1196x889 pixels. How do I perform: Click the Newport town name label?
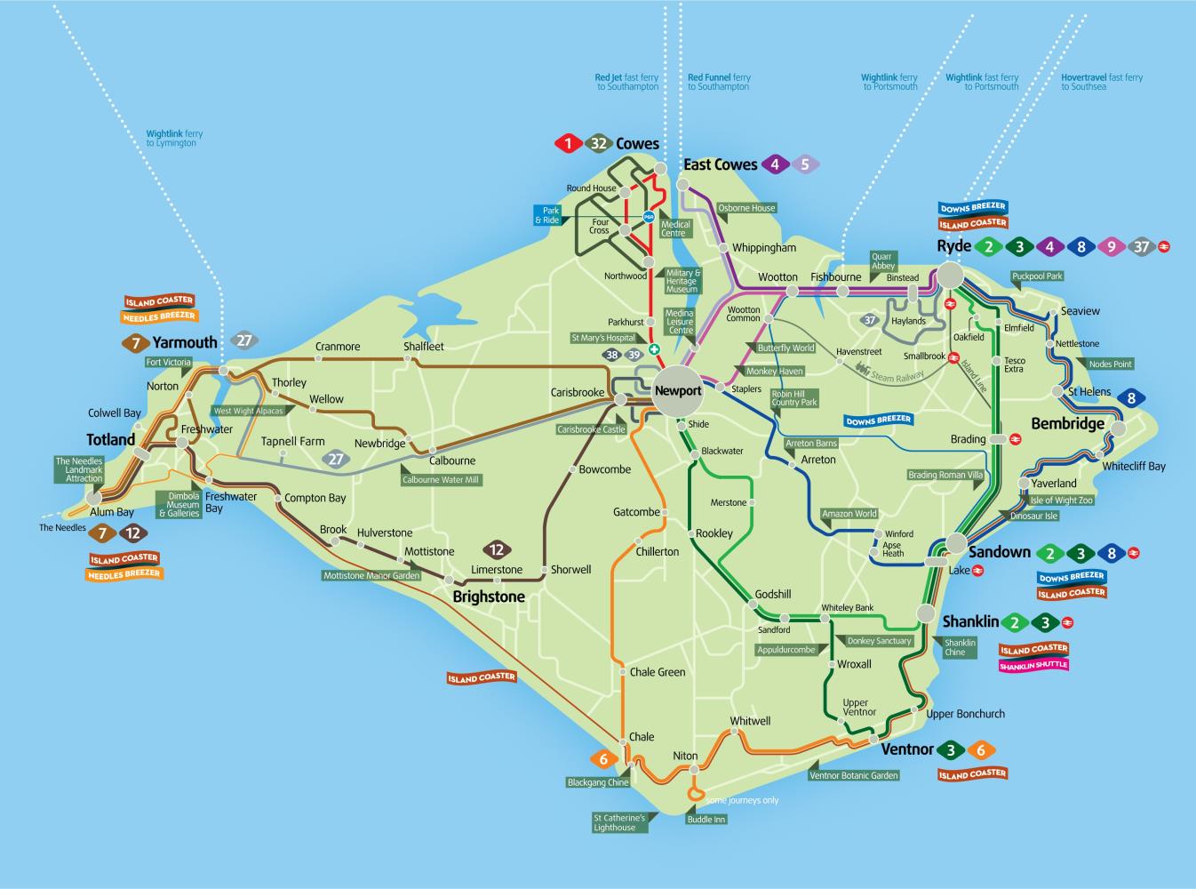677,390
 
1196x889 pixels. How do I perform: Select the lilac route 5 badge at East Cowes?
805,164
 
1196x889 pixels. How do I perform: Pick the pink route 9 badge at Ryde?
1111,247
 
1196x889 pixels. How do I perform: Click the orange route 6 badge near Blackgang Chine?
603,759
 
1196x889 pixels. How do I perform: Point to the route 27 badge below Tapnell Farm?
335,459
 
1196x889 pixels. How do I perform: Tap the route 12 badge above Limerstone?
496,549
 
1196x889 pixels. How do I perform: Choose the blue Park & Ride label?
547,215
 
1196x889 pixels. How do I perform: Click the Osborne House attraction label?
746,208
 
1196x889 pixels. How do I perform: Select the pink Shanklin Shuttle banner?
1033,665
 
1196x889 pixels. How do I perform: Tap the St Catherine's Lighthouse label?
615,822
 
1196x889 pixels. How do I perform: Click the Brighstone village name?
489,597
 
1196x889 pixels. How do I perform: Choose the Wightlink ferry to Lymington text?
174,138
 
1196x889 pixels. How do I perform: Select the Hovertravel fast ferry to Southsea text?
1102,82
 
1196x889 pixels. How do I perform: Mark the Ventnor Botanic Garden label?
854,775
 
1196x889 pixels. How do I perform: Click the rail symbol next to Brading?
1015,439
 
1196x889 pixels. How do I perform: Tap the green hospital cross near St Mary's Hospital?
653,349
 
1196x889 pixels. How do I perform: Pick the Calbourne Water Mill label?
441,480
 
